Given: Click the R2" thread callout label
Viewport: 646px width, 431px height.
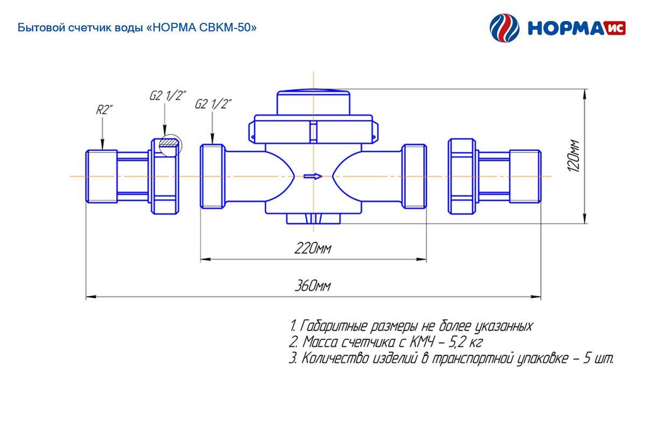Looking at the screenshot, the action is coord(104,110).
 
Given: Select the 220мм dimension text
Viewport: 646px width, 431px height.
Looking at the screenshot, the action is coord(313,248).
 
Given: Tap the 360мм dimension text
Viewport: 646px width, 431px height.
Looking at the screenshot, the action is coord(313,286).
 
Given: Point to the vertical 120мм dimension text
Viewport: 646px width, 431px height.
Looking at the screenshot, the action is coord(573,156).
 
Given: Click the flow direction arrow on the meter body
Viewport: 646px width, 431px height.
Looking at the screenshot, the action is coord(313,176).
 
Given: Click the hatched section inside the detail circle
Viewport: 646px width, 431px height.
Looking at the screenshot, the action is coord(169,142).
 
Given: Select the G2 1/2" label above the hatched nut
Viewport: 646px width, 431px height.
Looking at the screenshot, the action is coord(168,96).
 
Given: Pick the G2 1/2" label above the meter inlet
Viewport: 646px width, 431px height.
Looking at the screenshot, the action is coord(213,104).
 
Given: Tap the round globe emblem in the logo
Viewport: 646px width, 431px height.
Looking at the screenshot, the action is coord(504,28).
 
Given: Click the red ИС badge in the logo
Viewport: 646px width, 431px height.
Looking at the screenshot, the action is coord(615,29).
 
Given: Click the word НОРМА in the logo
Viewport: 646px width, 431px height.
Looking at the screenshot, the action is coord(567,29).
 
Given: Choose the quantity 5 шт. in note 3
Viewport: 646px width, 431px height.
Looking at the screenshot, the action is coord(598,359).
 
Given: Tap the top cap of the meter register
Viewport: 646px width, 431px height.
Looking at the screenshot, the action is coord(313,102).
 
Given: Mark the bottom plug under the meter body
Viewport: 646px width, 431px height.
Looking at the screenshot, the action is coord(313,219).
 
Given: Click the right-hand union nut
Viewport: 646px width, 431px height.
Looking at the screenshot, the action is coord(462,176).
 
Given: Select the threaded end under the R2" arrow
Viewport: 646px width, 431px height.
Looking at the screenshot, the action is coord(102,176).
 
